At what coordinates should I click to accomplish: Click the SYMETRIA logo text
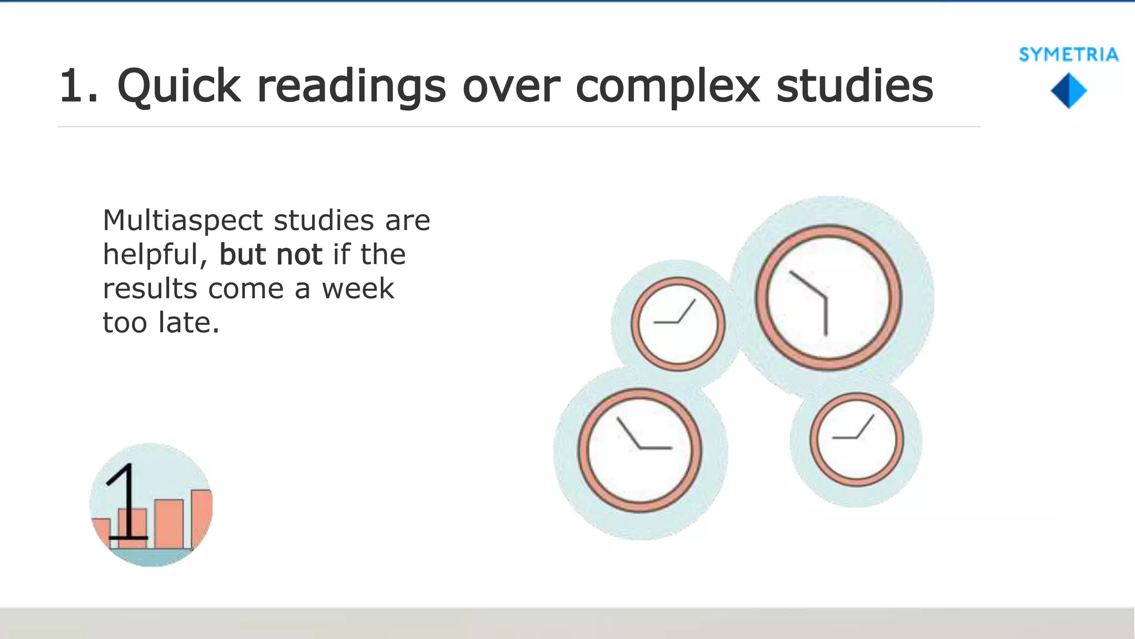tap(1068, 54)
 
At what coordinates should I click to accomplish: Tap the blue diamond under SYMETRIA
tap(1068, 92)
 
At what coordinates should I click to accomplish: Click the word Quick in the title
tap(178, 86)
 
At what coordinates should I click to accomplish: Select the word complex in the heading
tap(667, 86)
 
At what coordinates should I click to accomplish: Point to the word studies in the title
tap(854, 86)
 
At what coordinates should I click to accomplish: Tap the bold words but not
tap(270, 255)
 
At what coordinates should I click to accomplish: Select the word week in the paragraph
tap(358, 288)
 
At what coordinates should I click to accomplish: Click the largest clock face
tap(828, 297)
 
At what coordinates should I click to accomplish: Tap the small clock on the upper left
tap(677, 324)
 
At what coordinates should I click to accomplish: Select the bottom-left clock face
tap(640, 450)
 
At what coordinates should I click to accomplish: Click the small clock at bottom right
tap(856, 439)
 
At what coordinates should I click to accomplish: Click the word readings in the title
tap(351, 86)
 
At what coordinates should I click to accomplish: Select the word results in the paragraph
tap(150, 288)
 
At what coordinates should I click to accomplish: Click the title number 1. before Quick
tap(78, 86)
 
